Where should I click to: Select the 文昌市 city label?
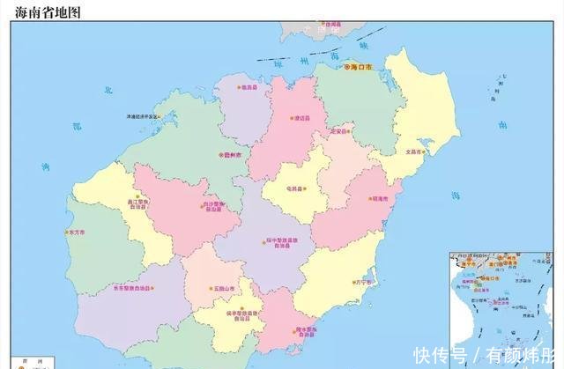coord(414,151)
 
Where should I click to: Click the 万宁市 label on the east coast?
coord(363,283)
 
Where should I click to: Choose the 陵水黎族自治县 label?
coord(306,332)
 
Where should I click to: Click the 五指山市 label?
coord(222,289)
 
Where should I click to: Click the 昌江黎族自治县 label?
coord(140,203)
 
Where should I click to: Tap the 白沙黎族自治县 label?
coord(213,207)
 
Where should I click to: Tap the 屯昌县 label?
coord(294,188)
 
